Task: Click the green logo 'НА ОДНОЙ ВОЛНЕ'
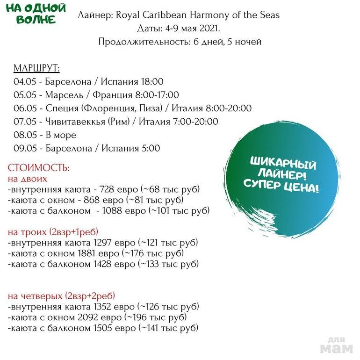[x=38, y=14]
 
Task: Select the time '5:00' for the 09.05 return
[x=150, y=149]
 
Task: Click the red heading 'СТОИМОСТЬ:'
[x=39, y=167]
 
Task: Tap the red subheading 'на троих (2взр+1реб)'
[x=53, y=232]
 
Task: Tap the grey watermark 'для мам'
[x=336, y=345]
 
